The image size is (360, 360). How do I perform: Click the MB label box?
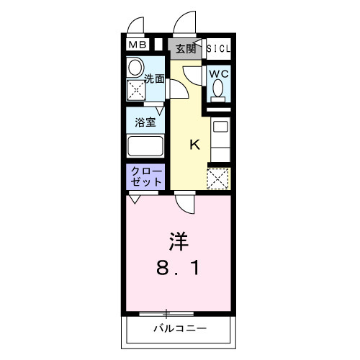click(x=136, y=45)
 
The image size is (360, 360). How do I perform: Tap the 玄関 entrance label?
click(x=186, y=48)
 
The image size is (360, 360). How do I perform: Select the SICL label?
click(x=219, y=48)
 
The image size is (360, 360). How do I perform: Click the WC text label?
click(x=219, y=73)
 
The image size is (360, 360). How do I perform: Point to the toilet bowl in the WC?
click(x=219, y=90)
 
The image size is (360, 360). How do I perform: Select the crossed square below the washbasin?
click(x=136, y=90)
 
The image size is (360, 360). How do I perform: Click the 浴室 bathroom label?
click(x=145, y=122)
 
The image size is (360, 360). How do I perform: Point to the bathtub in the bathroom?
click(x=146, y=147)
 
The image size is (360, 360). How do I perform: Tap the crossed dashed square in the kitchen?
click(x=218, y=178)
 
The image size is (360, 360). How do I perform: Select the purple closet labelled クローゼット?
click(x=146, y=177)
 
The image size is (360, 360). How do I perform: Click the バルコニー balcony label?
click(x=179, y=329)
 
